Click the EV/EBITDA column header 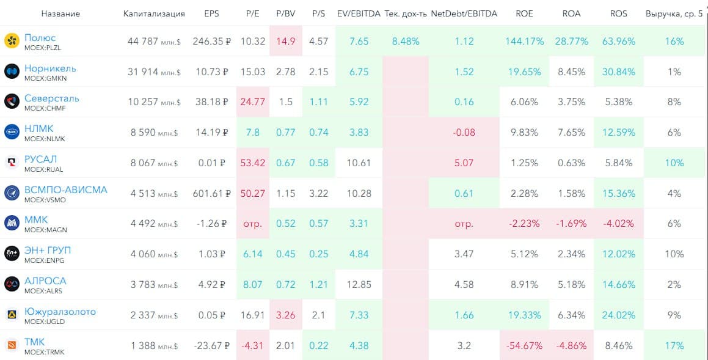click(x=359, y=13)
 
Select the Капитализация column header click(x=154, y=13)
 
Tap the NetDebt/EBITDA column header click(x=464, y=13)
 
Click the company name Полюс click(x=40, y=38)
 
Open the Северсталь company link click(x=52, y=98)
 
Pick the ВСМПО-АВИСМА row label click(x=65, y=189)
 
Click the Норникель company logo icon click(x=12, y=72)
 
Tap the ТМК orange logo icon click(x=12, y=345)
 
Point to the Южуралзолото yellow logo click(x=12, y=315)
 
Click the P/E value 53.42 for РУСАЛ click(x=253, y=163)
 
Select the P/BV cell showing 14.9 click(x=285, y=41)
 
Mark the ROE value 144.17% click(x=524, y=41)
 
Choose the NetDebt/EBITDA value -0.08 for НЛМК click(x=464, y=132)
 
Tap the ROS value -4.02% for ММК click(x=618, y=223)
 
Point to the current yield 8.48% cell click(x=406, y=41)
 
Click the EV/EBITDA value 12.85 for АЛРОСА click(x=359, y=284)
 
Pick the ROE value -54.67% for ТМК click(x=524, y=345)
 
